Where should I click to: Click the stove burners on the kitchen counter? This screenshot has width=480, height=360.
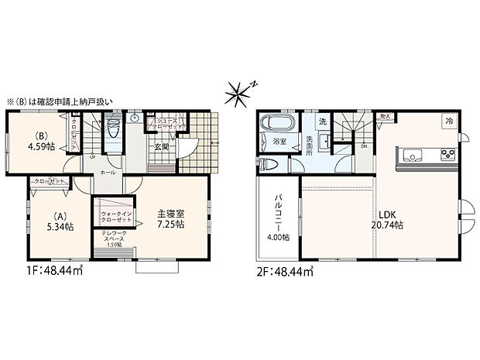click(x=447, y=152)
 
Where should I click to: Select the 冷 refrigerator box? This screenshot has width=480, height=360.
click(x=448, y=121)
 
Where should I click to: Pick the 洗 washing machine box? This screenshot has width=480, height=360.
click(x=323, y=122)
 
